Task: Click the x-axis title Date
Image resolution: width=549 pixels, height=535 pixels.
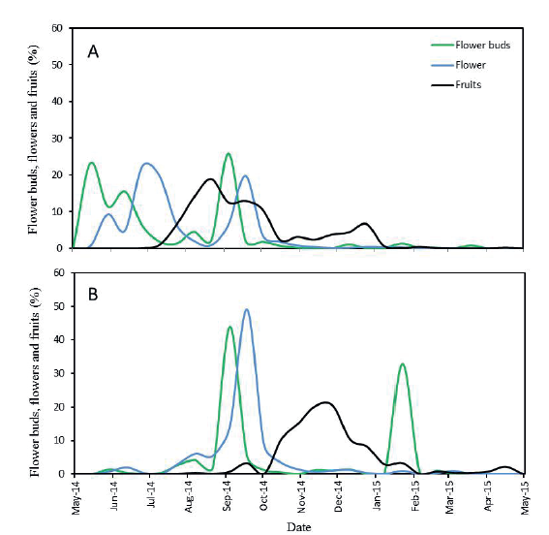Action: (x=299, y=524)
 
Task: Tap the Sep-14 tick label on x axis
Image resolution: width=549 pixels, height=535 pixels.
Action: (x=227, y=494)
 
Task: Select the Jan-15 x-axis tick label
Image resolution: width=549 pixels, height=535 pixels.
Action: (x=376, y=494)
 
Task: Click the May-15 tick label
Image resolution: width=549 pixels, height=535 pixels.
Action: (x=525, y=494)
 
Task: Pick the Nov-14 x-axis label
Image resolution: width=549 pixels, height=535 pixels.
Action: (x=301, y=494)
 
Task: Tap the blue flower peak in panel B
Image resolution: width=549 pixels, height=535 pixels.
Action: (x=247, y=310)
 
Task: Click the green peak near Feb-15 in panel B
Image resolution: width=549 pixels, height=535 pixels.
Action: (x=402, y=364)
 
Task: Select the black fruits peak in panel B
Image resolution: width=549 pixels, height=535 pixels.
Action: (x=326, y=402)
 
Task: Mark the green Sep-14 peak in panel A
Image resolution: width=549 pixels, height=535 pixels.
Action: (x=229, y=153)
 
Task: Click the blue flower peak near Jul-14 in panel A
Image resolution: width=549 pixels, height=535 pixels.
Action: (x=146, y=163)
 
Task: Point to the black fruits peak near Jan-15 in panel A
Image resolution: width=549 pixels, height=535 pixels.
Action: (x=364, y=223)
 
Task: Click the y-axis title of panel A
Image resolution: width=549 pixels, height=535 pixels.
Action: (x=34, y=138)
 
